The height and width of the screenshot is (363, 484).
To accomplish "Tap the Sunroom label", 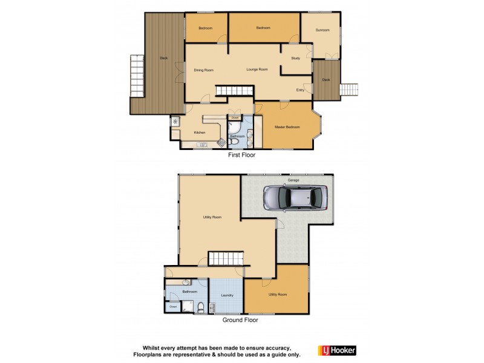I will pyautogui.click(x=322, y=30).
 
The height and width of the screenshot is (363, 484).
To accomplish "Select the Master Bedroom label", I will pyautogui.click(x=287, y=126).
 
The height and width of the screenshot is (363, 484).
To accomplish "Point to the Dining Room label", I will pyautogui.click(x=204, y=70).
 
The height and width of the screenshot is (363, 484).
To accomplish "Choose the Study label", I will pyautogui.click(x=296, y=58).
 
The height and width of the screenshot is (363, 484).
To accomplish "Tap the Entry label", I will pyautogui.click(x=300, y=90).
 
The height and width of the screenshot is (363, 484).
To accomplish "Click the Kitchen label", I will pyautogui.click(x=200, y=132).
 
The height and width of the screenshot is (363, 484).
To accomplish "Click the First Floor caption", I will pyautogui.click(x=241, y=155).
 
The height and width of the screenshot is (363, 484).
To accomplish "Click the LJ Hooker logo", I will pyautogui.click(x=337, y=350).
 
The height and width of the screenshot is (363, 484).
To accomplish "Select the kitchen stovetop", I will pyautogui.click(x=221, y=143).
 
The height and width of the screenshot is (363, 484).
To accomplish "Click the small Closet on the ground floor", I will pyautogui.click(x=173, y=307).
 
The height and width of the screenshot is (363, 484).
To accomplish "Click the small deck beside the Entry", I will pyautogui.click(x=326, y=80).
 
